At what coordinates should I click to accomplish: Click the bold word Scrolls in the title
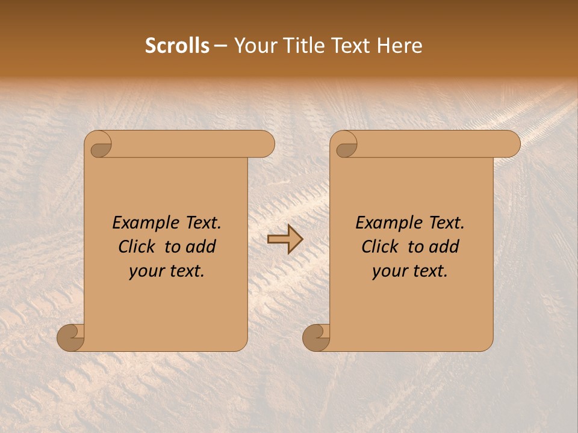pos(177,46)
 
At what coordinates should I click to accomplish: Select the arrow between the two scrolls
pos(285,239)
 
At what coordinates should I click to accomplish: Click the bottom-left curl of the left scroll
pos(71,338)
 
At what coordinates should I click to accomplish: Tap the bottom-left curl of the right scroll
pos(317,338)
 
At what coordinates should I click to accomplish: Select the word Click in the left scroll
pos(137,247)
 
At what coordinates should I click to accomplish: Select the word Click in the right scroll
pos(381,247)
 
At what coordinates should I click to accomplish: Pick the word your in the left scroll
pos(145,272)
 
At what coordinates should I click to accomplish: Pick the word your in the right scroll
pos(388,272)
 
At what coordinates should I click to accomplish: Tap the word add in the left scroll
pos(201,247)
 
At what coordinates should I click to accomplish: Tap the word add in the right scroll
pos(444,247)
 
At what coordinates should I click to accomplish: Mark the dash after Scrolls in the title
pos(220,46)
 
